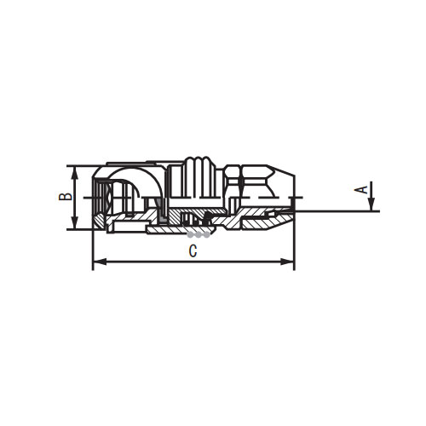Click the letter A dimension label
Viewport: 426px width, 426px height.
click(x=362, y=189)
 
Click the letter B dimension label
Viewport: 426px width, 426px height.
click(x=64, y=196)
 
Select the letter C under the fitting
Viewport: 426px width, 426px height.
click(x=193, y=251)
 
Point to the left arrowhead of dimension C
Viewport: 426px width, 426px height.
click(x=96, y=262)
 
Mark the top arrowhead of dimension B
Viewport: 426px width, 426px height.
click(x=75, y=170)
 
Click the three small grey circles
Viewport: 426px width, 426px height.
click(x=198, y=232)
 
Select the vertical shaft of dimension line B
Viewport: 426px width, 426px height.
click(x=75, y=197)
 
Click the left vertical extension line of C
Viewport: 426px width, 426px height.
click(x=91, y=247)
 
